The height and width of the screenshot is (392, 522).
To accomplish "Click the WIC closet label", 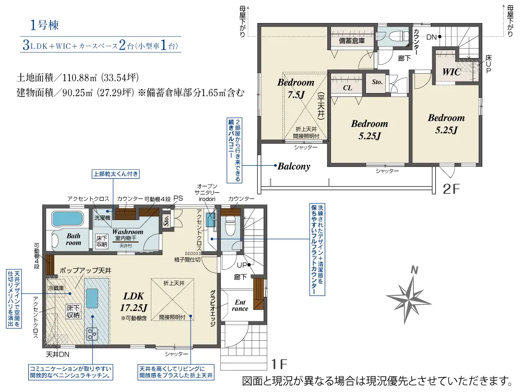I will (x=452, y=72).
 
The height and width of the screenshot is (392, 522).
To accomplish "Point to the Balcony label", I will (x=294, y=167).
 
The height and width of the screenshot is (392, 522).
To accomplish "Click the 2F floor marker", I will (x=453, y=189).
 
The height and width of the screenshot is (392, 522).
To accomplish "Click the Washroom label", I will (x=127, y=232).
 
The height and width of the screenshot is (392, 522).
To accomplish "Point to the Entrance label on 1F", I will (x=240, y=305).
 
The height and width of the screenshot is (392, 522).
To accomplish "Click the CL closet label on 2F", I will (x=347, y=88).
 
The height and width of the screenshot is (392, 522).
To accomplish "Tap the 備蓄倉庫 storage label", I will (x=351, y=41).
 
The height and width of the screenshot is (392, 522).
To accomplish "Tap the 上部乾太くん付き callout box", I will (x=115, y=174).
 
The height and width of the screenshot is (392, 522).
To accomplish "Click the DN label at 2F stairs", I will (x=431, y=37).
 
